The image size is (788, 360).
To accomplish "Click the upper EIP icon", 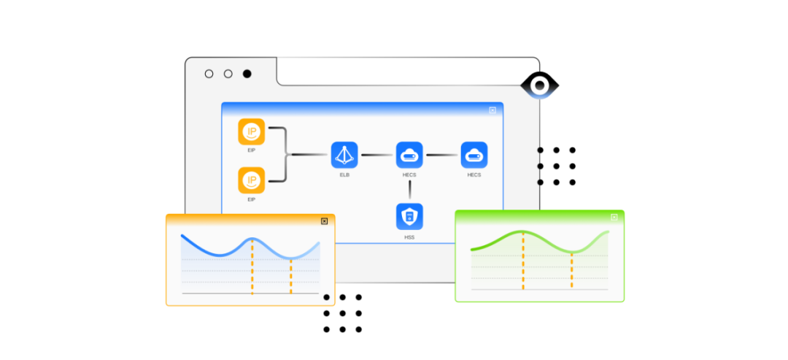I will pyautogui.click(x=252, y=132).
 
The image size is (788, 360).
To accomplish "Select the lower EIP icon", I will pyautogui.click(x=252, y=180).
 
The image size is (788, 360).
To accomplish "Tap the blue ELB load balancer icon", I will pyautogui.click(x=344, y=155).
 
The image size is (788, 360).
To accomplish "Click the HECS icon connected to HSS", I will pyautogui.click(x=409, y=155).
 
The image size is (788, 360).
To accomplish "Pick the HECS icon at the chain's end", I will pyautogui.click(x=474, y=155).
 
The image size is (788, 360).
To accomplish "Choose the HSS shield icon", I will pyautogui.click(x=409, y=217).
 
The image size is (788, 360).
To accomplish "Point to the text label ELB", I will pyautogui.click(x=344, y=175).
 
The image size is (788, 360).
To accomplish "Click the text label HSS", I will pyautogui.click(x=409, y=238).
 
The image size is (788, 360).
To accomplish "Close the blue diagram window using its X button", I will pyautogui.click(x=492, y=110).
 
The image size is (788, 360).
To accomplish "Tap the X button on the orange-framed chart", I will pyautogui.click(x=325, y=221).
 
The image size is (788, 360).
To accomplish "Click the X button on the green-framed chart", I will pyautogui.click(x=614, y=217).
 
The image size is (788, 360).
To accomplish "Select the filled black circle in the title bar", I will pyautogui.click(x=247, y=74).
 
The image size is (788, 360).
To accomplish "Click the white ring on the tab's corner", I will pyautogui.click(x=540, y=86).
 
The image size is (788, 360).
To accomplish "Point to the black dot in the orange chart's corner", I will pyautogui.click(x=326, y=297).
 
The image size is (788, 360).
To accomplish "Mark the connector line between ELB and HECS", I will pyautogui.click(x=376, y=155).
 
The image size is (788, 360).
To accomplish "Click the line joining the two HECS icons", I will pyautogui.click(x=441, y=155).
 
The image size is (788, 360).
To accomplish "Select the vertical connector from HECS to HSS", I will pyautogui.click(x=409, y=188).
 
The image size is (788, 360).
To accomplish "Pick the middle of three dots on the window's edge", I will pyautogui.click(x=540, y=166).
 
